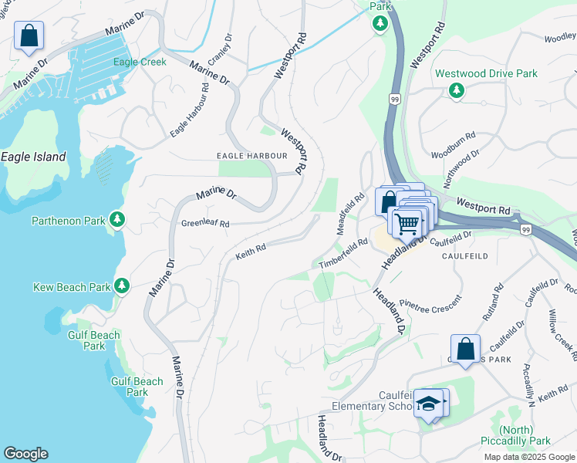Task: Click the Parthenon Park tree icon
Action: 117,221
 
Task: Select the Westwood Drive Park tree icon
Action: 457,91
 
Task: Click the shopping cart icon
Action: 407,224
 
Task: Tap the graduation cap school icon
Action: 428,403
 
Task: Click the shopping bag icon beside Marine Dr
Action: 29,35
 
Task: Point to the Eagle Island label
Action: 33,157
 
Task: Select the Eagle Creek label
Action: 140,62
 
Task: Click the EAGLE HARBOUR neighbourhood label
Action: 251,156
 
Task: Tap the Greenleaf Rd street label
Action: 205,224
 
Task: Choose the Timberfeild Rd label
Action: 343,254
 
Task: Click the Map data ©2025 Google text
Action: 528,457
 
